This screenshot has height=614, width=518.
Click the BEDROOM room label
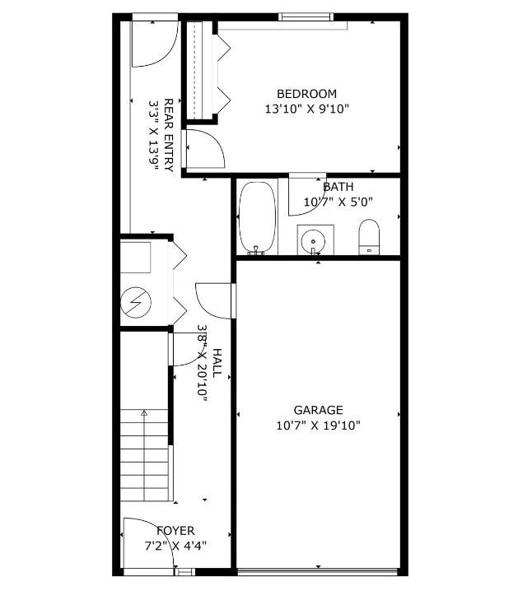tap(306, 94)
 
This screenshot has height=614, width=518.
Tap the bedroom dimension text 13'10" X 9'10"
tap(306, 109)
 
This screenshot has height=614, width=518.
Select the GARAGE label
tap(318, 410)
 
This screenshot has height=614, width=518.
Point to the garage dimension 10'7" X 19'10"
tap(318, 425)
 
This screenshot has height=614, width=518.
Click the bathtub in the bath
tap(257, 218)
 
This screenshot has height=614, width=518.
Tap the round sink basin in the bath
tap(313, 241)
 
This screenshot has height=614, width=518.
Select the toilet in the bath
tap(369, 237)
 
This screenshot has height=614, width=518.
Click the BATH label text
tap(338, 187)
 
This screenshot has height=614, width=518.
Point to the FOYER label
tap(175, 531)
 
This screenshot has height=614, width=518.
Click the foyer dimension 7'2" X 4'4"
tap(175, 546)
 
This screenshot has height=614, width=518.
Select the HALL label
tap(217, 363)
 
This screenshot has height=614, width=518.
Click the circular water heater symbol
tap(136, 302)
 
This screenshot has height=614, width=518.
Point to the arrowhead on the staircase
tap(144, 412)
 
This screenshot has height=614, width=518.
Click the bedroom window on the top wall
tap(306, 16)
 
